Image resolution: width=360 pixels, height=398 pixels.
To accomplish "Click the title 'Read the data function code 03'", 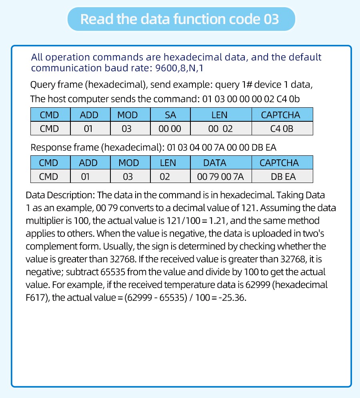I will click(x=180, y=19).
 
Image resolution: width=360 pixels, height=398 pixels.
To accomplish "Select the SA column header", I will click(x=170, y=115).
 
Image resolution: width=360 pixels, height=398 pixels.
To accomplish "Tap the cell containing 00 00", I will click(x=170, y=129).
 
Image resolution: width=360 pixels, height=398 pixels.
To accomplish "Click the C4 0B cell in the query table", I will click(x=282, y=129).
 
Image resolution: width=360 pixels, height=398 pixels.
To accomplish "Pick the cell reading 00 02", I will click(x=220, y=129).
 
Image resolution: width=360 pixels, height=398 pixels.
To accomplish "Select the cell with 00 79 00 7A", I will click(x=221, y=177).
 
